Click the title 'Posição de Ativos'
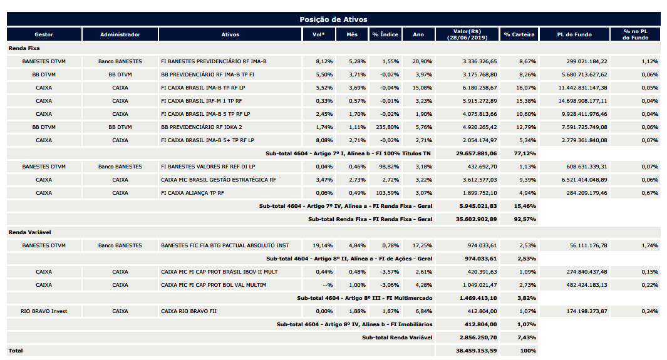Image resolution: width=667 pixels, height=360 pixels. pos(333,19)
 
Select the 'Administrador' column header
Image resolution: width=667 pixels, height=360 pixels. pos(120,34)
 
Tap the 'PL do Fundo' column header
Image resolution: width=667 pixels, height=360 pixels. pos(574,34)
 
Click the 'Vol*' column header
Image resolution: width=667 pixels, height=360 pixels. pos(319,34)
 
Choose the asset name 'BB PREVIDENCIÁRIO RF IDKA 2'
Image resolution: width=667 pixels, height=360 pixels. pos(207,127)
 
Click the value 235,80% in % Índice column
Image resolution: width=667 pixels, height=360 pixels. pos(388,127)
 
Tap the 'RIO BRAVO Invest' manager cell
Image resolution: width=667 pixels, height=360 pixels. pos(44,311)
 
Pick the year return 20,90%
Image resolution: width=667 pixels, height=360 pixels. pos(422,61)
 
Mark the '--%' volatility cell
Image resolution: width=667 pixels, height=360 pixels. pos(328,285)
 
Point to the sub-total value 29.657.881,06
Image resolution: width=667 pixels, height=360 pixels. pos(476,153)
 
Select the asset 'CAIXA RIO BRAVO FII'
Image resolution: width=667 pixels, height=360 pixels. pos(189,311)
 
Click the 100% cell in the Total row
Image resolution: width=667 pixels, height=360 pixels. pos(528,351)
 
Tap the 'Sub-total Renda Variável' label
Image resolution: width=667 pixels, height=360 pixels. pos(397,337)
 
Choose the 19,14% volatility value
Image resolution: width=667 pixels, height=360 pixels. pos(323,245)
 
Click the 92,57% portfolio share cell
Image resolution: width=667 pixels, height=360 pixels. pos(525,219)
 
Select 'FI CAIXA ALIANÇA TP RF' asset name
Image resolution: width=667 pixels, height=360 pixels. pos(192,193)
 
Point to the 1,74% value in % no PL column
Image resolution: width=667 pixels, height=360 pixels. pos(650,245)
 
